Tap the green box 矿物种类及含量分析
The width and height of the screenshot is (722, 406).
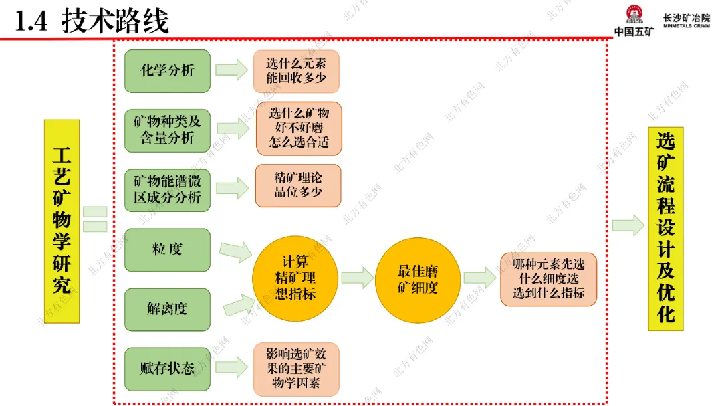click(x=167, y=129)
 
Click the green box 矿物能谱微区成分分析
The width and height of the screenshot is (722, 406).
click(x=167, y=190)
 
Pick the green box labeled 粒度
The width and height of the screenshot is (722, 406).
click(x=167, y=249)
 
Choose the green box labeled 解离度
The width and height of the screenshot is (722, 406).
click(x=167, y=308)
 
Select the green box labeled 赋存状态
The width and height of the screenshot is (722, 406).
click(x=167, y=368)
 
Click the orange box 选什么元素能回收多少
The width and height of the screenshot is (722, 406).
click(x=296, y=71)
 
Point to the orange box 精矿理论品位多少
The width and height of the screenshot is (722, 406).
click(x=298, y=185)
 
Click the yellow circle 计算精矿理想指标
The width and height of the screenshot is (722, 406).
click(x=295, y=277)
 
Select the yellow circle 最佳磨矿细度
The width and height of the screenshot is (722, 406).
click(x=417, y=278)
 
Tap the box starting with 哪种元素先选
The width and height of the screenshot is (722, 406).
click(x=548, y=279)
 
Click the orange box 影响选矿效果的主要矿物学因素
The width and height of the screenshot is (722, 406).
click(x=297, y=369)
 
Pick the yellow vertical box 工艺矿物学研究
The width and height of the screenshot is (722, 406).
click(x=62, y=221)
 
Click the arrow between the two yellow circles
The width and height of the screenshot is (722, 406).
click(x=356, y=278)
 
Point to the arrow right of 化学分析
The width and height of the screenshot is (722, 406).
click(x=231, y=70)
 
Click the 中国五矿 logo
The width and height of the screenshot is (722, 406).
click(x=632, y=20)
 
